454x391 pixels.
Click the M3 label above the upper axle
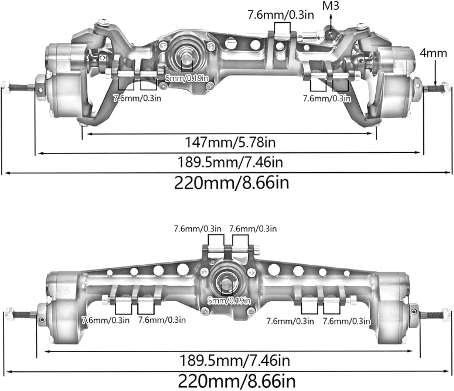click(331, 5)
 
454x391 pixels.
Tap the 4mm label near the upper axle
click(433, 53)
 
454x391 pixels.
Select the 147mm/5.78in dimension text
click(230, 142)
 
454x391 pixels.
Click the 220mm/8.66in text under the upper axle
click(232, 183)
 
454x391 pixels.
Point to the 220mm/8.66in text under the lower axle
click(236, 381)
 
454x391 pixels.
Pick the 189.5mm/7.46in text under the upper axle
click(230, 162)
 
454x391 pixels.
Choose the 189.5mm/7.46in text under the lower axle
click(235, 360)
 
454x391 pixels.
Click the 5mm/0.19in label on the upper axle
click(187, 78)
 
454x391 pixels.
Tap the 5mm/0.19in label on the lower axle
click(229, 300)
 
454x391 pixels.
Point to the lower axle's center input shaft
click(226, 282)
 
